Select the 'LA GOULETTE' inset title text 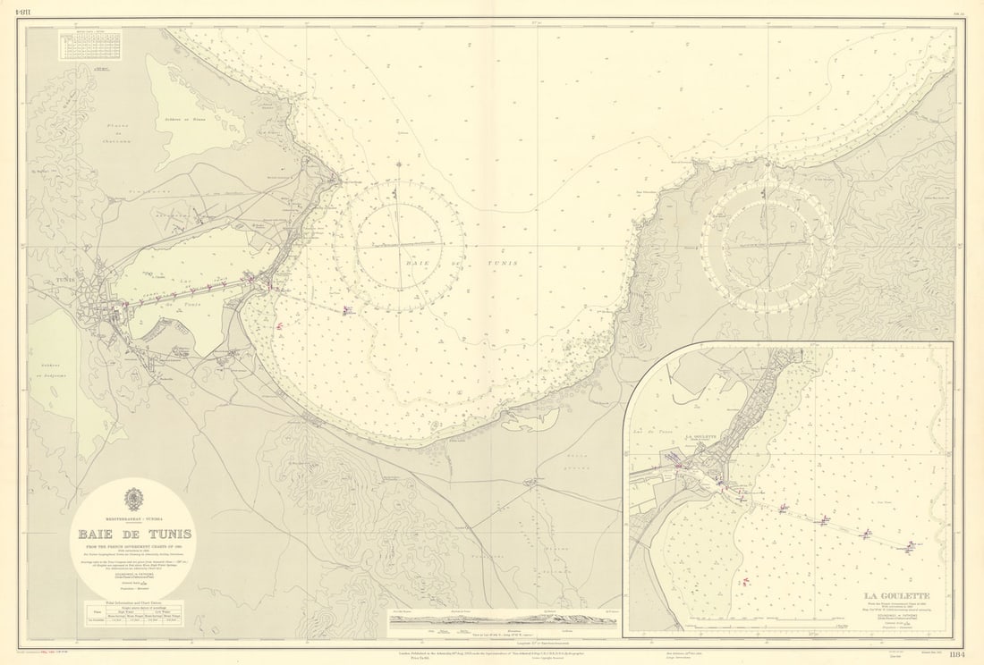click(x=896, y=596)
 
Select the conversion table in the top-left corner click(x=89, y=45)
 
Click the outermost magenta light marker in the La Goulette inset click(x=912, y=545)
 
